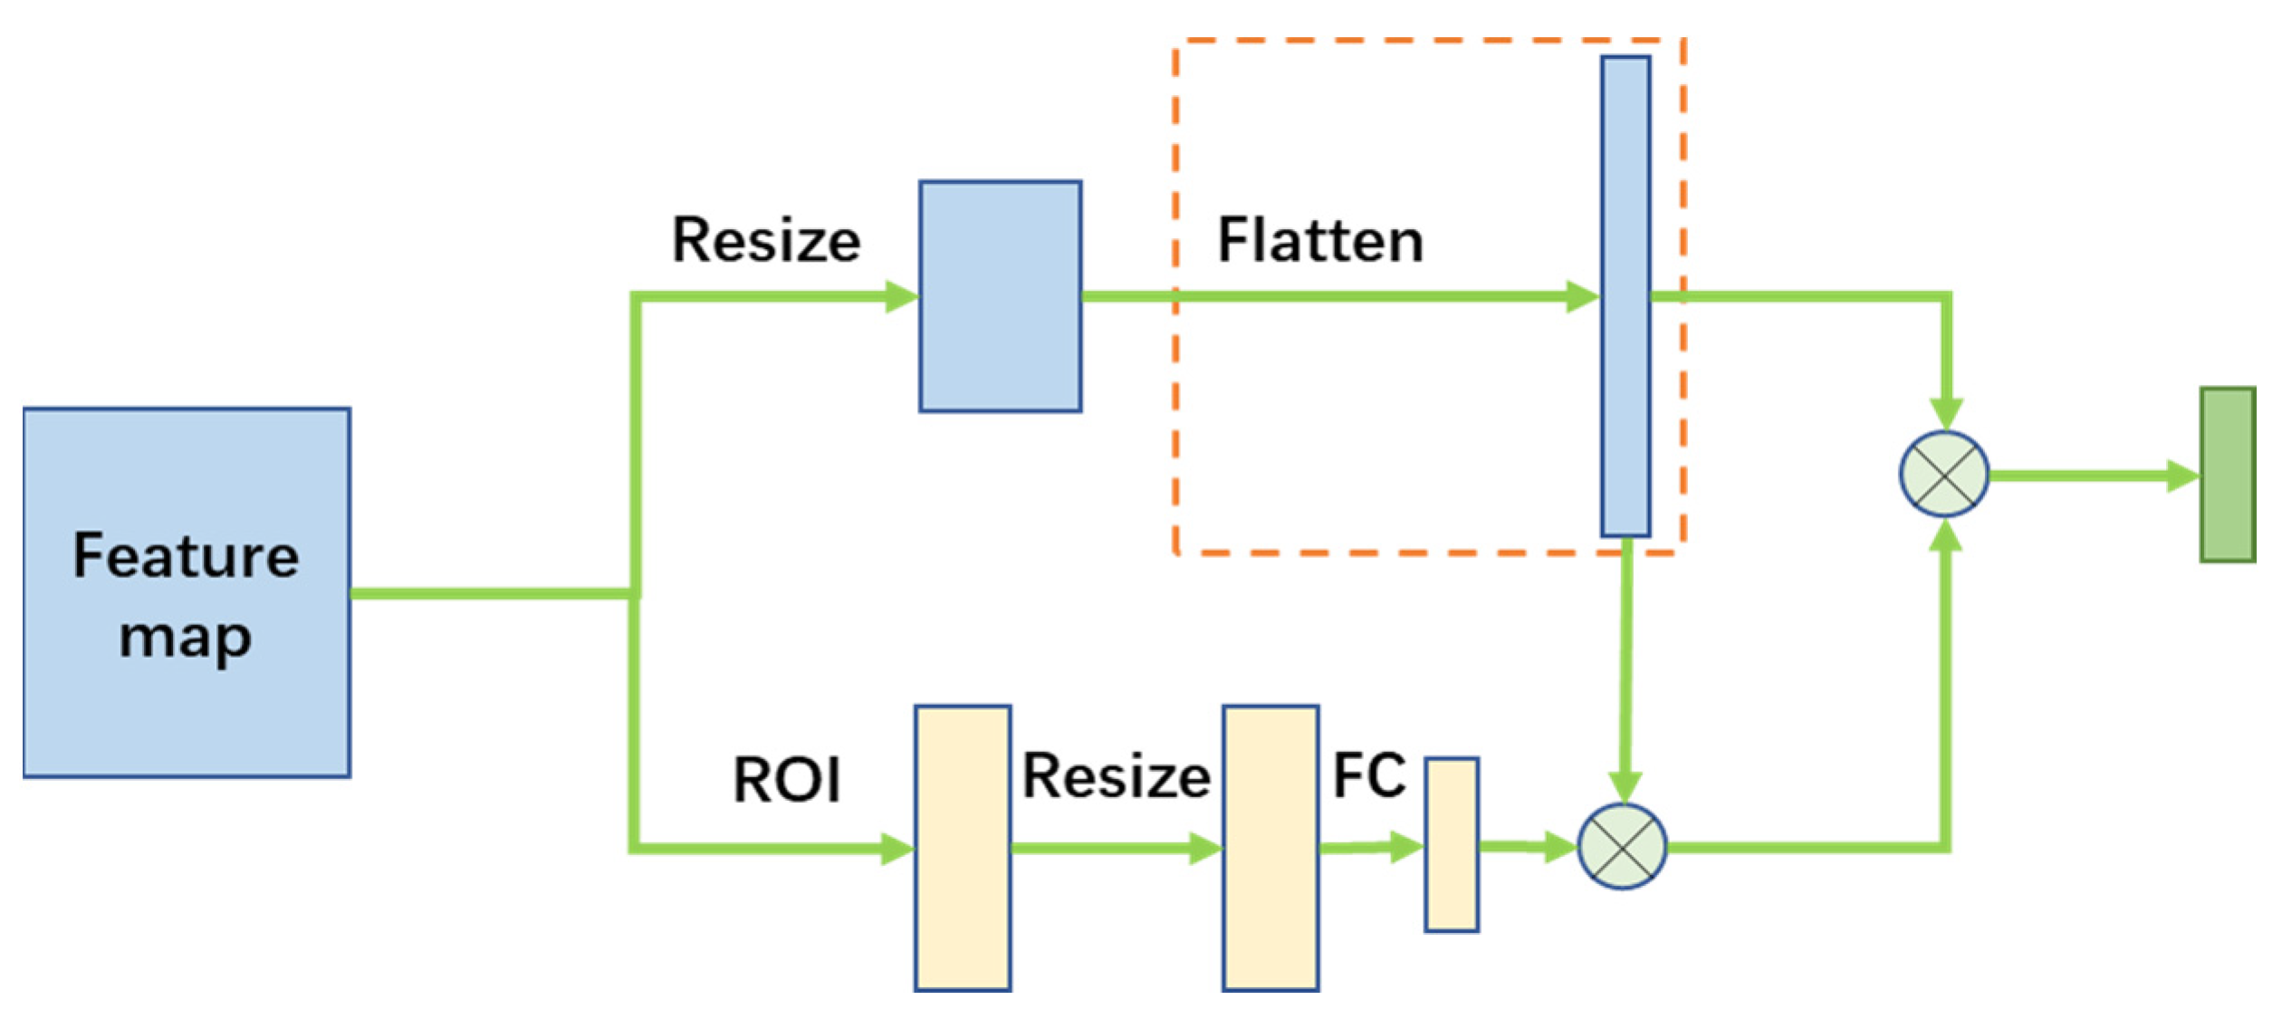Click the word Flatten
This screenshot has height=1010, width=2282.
pyautogui.click(x=1319, y=241)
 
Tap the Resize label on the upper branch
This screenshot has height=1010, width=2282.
pyautogui.click(x=766, y=241)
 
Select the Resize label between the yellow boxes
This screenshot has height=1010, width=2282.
pyautogui.click(x=1116, y=777)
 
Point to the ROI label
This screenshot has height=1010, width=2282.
pyautogui.click(x=786, y=780)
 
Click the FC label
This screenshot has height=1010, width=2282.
pyautogui.click(x=1369, y=775)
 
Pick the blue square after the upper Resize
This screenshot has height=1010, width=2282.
pyautogui.click(x=1000, y=296)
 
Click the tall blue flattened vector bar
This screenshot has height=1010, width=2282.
pyautogui.click(x=1625, y=296)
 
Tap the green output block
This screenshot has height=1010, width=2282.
pyautogui.click(x=2227, y=476)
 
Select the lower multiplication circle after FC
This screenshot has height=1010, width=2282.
pyautogui.click(x=1622, y=847)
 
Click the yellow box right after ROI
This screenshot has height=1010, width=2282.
pyautogui.click(x=962, y=847)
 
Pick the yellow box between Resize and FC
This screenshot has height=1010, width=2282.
pyautogui.click(x=1270, y=847)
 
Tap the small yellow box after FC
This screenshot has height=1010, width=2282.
pyautogui.click(x=1452, y=845)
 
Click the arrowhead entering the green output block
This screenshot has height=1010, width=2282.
pyautogui.click(x=2182, y=476)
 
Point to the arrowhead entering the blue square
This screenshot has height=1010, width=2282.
pyautogui.click(x=901, y=296)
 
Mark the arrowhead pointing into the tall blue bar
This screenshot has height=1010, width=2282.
pyautogui.click(x=1582, y=296)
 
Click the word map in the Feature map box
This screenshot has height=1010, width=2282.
pyautogui.click(x=186, y=639)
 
